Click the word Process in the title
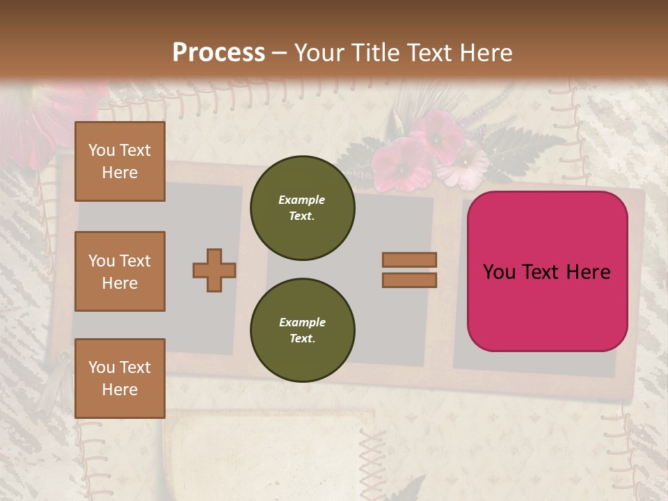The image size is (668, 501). click(x=218, y=53)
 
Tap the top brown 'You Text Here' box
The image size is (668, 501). click(x=120, y=161)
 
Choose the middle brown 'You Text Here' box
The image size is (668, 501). click(x=120, y=271)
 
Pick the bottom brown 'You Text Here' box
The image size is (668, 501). click(x=120, y=378)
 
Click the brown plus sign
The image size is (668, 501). click(x=214, y=270)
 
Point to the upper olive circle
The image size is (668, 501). click(x=302, y=207)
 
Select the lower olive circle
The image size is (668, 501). click(x=302, y=330)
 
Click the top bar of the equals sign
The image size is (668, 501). click(x=410, y=260)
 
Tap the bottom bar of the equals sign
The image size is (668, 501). click(x=410, y=280)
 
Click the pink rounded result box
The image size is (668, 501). click(x=547, y=271)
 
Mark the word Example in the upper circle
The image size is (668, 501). click(x=302, y=200)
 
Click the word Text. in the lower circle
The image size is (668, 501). click(x=302, y=338)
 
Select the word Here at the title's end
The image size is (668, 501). click(x=486, y=53)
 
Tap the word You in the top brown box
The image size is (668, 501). click(x=101, y=150)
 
